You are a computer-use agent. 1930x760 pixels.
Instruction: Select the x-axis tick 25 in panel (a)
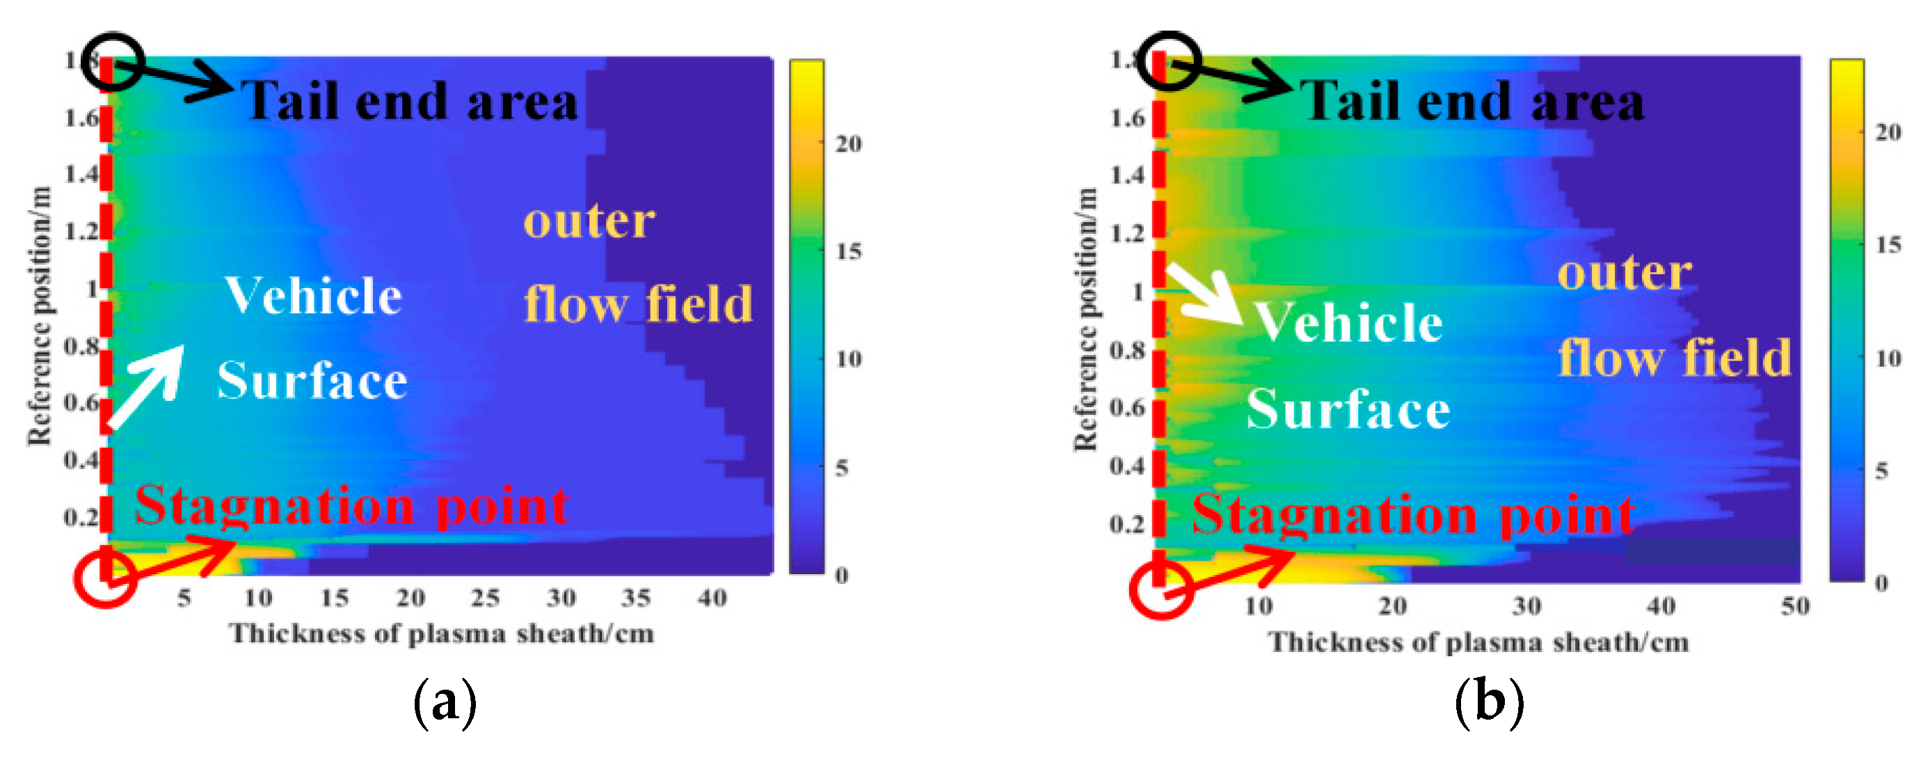pyautogui.click(x=485, y=598)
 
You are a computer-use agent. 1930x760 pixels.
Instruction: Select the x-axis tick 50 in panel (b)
pyautogui.click(x=1795, y=605)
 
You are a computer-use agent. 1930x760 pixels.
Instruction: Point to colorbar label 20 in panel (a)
pyautogui.click(x=848, y=143)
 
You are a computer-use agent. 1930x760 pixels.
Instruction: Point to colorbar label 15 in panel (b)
pyautogui.click(x=1888, y=245)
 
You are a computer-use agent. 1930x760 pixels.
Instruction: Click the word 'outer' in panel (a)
pyautogui.click(x=589, y=221)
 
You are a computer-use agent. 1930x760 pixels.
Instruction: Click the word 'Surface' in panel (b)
pyautogui.click(x=1348, y=410)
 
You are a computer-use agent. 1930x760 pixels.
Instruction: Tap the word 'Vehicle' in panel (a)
pyautogui.click(x=313, y=295)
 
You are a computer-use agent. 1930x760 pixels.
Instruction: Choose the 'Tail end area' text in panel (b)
pyautogui.click(x=1472, y=101)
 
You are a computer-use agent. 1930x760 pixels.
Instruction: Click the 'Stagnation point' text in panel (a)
pyautogui.click(x=351, y=506)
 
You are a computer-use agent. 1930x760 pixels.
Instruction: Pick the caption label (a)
pyautogui.click(x=445, y=702)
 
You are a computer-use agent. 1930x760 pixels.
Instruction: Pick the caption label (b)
pyautogui.click(x=1489, y=702)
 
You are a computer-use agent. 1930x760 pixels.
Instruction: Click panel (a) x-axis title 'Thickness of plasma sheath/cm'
pyautogui.click(x=441, y=634)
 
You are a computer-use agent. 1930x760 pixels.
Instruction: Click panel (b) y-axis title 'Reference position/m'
pyautogui.click(x=1085, y=319)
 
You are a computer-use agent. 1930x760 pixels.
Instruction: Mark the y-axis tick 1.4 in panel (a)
pyautogui.click(x=81, y=175)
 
